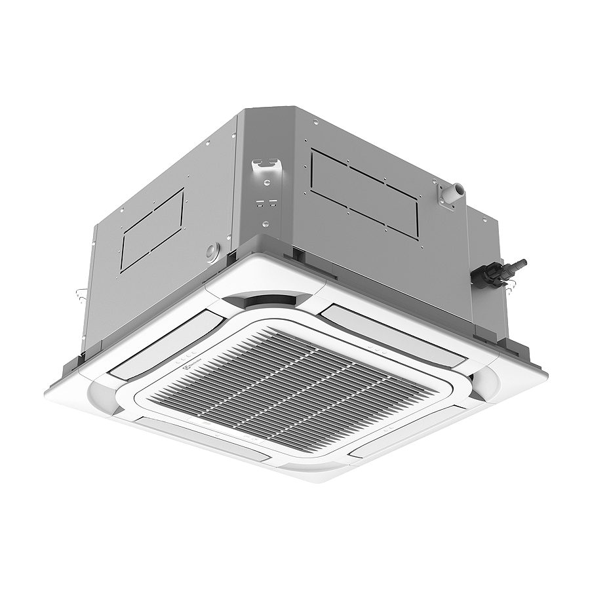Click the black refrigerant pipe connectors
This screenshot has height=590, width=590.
(x=498, y=271)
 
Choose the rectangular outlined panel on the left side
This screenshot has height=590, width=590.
(x=152, y=228)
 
